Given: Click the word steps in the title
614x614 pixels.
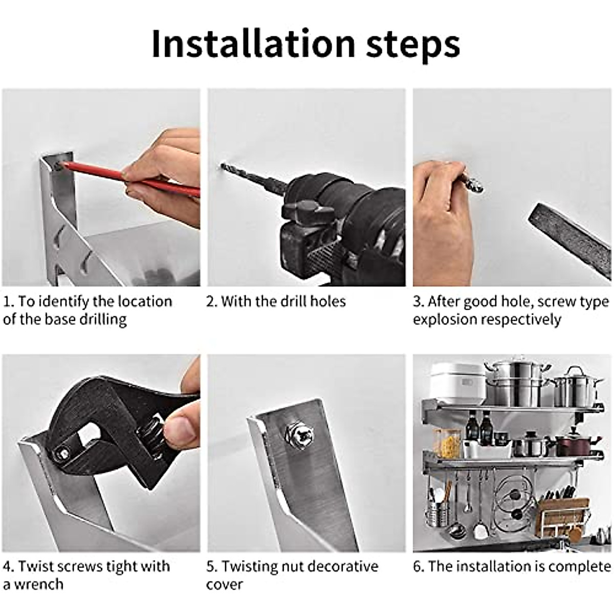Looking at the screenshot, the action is point(413,46).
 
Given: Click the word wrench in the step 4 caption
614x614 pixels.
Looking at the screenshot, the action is point(40,584).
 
